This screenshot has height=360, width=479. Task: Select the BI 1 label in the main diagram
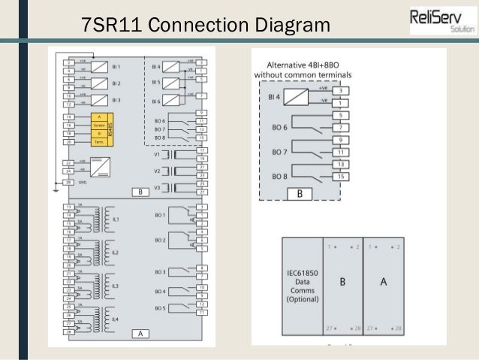pyautogui.click(x=116, y=67)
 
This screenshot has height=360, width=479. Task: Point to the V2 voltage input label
pyautogui.click(x=157, y=171)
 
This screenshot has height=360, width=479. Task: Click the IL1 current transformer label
pyautogui.click(x=115, y=219)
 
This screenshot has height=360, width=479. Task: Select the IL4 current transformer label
pyautogui.click(x=115, y=320)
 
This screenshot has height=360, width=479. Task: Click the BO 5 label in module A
pyautogui.click(x=160, y=307)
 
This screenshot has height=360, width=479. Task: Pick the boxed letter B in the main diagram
pyautogui.click(x=140, y=192)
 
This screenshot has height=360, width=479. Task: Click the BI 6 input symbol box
pyautogui.click(x=172, y=98)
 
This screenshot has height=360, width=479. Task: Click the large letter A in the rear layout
pyautogui.click(x=383, y=282)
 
